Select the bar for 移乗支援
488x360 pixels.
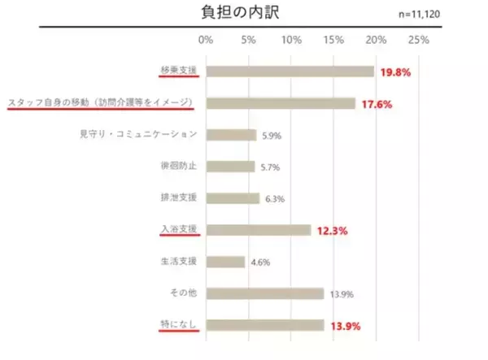pos(290,72)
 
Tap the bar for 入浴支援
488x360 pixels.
pos(258,230)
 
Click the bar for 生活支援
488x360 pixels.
pos(225,262)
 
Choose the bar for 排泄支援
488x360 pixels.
pos(233,198)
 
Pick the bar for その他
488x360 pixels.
pos(264,293)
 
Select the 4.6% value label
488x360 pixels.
pos(260,262)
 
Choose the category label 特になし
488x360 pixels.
pos(179,325)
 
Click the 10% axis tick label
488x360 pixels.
pos(290,40)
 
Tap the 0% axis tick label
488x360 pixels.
pos(206,40)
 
